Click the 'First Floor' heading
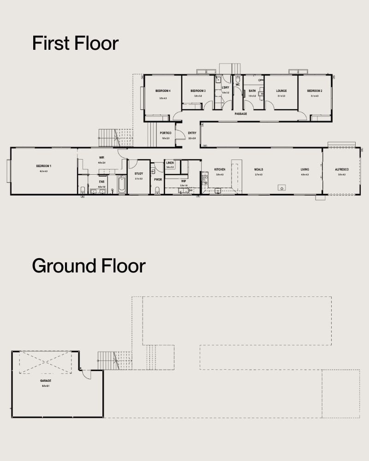75,43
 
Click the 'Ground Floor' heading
89,266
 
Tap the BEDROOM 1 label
44,166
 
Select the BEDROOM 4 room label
163,91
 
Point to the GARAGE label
45,381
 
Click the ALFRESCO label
342,170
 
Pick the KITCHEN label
220,170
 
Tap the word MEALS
258,170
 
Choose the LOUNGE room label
281,91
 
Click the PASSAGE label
240,113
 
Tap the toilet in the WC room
238,78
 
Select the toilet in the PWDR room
157,190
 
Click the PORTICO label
165,133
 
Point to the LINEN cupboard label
170,163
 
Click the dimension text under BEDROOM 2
315,96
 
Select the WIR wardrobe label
101,158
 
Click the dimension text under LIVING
305,175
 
